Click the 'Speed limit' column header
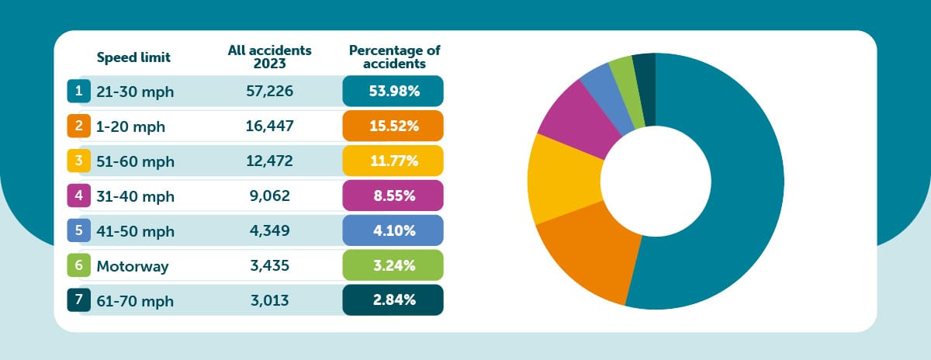(133, 57)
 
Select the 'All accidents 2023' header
(269, 57)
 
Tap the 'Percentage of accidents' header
(394, 57)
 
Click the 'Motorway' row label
(132, 266)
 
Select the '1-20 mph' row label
(131, 126)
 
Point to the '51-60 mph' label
(136, 161)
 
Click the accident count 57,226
(269, 92)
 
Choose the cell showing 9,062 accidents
(269, 196)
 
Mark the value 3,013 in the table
(269, 301)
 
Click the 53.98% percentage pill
(393, 91)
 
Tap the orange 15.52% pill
(393, 126)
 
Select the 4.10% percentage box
(393, 230)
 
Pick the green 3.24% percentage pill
(393, 265)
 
